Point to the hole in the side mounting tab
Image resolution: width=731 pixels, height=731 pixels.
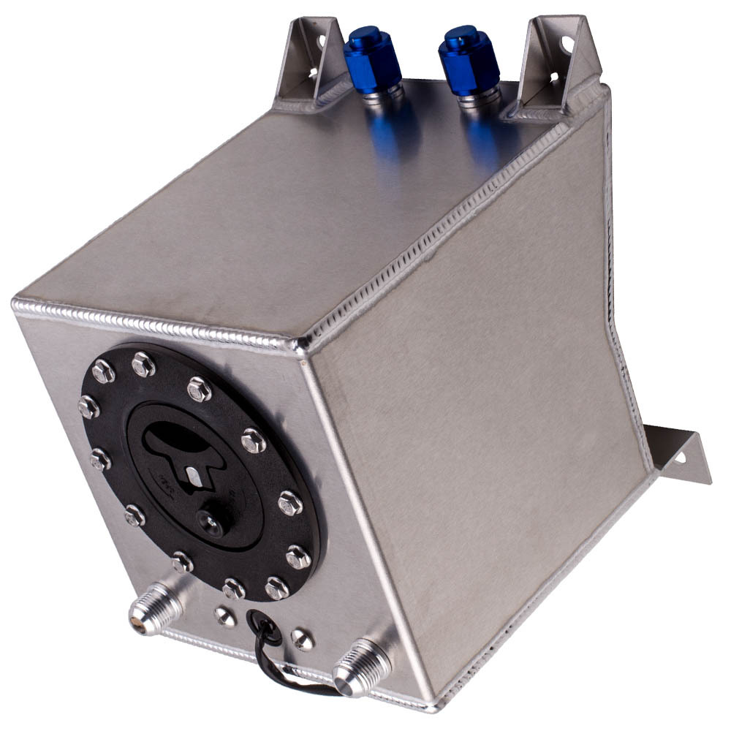click(680, 459)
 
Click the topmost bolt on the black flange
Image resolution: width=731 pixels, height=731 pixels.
click(143, 363)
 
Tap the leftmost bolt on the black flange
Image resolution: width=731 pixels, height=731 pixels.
click(88, 406)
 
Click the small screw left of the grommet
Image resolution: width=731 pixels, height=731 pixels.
click(225, 616)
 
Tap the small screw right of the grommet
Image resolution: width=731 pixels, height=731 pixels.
click(302, 639)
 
